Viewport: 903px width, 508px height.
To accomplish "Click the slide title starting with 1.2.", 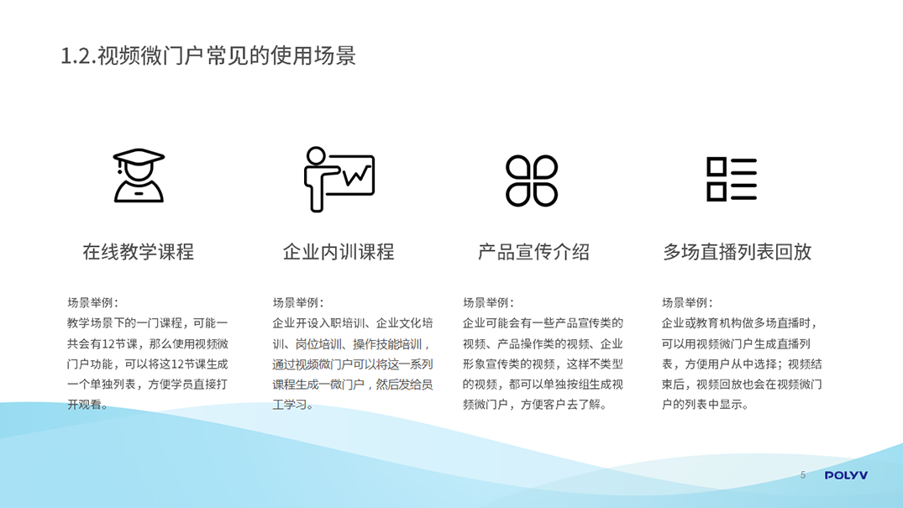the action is coord(207,56).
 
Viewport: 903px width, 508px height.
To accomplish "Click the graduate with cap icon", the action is coord(139,175).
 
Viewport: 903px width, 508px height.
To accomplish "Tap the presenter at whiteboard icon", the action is coord(339,179).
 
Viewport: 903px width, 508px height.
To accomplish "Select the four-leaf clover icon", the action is coord(532,181).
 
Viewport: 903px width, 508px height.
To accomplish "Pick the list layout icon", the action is coord(732,179).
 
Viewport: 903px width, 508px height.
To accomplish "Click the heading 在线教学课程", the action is coord(139,252).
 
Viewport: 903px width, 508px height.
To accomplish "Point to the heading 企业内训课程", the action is coord(339,252).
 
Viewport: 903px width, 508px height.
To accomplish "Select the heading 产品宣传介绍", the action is coord(534,252).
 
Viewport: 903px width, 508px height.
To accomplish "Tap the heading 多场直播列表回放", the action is coord(738,252).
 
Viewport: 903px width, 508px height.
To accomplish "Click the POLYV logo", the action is coord(846,475).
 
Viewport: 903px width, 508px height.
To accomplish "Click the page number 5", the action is coord(803,475).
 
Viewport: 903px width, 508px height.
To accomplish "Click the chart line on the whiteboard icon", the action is coord(356,175).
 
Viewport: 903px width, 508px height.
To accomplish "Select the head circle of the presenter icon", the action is coord(316,155).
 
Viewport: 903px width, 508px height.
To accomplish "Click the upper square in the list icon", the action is coord(717,166).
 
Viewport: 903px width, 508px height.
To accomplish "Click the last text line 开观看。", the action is coord(88,405).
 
